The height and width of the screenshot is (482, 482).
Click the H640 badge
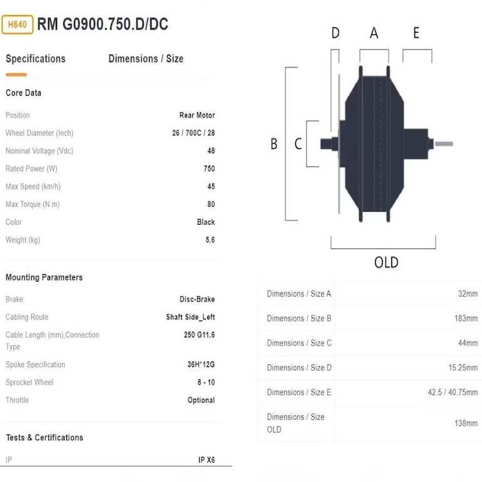pyautogui.click(x=18, y=24)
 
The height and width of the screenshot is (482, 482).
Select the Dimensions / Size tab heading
pyautogui.click(x=146, y=59)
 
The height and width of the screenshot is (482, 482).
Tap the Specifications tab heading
pyautogui.click(x=36, y=59)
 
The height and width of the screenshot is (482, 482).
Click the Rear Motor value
pyautogui.click(x=197, y=115)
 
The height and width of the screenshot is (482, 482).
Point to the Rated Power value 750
pyautogui.click(x=209, y=169)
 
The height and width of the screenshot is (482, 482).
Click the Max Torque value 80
pyautogui.click(x=211, y=205)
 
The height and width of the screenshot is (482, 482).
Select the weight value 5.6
pyautogui.click(x=210, y=240)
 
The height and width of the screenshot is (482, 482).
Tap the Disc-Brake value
pyautogui.click(x=197, y=299)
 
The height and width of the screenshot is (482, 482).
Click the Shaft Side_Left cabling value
pyautogui.click(x=190, y=317)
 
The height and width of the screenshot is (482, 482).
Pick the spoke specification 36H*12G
pyautogui.click(x=201, y=364)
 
